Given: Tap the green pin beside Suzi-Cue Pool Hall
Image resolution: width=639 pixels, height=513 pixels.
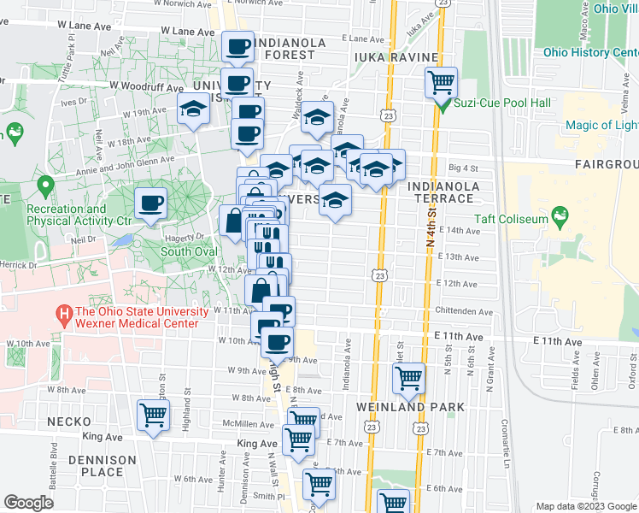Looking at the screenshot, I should [x=443, y=104].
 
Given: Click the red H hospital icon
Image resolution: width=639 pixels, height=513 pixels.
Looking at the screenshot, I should [x=62, y=316].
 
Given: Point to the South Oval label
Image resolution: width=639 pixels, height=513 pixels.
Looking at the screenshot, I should [x=187, y=251].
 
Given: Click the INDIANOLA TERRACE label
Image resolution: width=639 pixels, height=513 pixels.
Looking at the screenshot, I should [x=440, y=192].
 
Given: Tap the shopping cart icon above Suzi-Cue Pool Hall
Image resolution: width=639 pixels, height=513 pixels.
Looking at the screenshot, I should [x=442, y=83].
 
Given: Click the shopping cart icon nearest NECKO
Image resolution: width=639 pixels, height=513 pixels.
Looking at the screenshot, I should [x=154, y=416].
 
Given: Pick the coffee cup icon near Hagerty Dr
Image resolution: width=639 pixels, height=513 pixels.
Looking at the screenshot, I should [x=151, y=203].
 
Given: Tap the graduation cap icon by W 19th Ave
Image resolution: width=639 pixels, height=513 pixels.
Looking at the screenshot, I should [x=193, y=109].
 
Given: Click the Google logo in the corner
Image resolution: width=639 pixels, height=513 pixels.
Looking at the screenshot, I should [x=28, y=502].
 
